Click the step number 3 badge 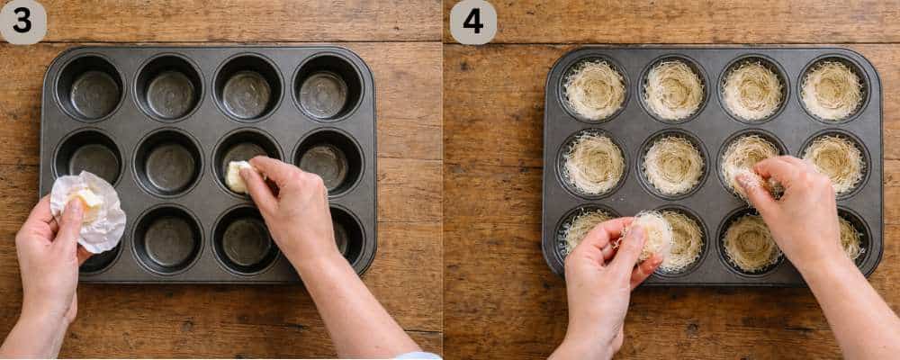[22, 22]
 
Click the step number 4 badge [472, 22]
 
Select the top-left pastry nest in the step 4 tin [594, 90]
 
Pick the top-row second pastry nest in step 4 [673, 90]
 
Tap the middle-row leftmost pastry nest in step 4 [593, 164]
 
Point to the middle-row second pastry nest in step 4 [673, 165]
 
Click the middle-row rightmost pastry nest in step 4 [835, 162]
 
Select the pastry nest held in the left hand [650, 234]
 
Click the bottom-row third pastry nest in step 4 [751, 242]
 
